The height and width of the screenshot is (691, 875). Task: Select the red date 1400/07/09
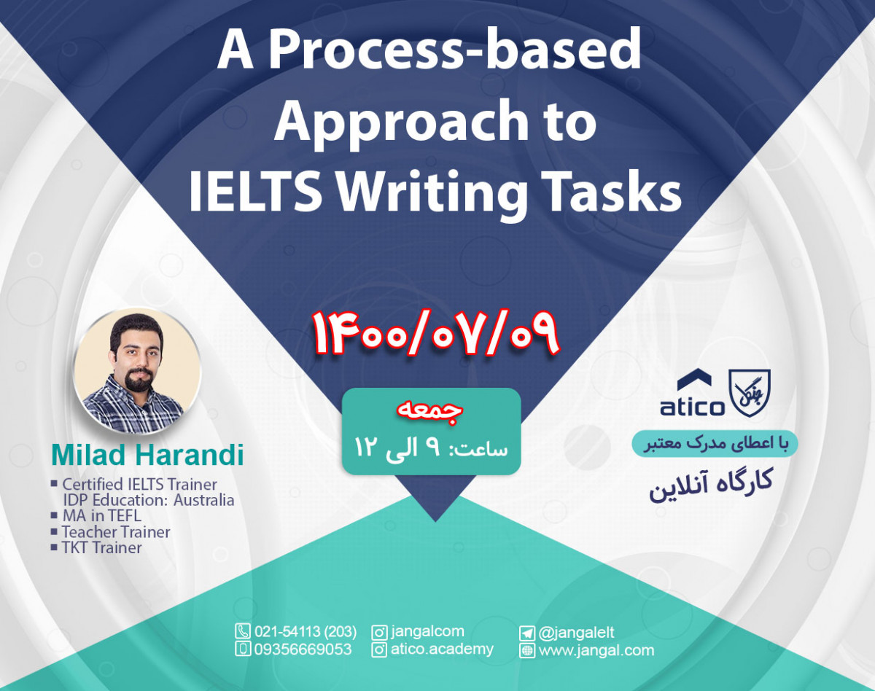pos(436,334)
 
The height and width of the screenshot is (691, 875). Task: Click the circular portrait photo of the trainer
pos(137,372)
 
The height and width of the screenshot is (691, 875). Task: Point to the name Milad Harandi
pos(147,455)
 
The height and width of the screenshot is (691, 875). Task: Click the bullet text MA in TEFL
pos(101,516)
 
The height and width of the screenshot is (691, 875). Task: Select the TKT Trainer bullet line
pos(101,548)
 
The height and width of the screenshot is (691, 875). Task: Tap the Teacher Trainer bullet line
pos(116,532)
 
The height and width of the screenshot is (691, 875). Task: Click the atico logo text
pos(693,406)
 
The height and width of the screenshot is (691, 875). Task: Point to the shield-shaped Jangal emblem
pos(750,393)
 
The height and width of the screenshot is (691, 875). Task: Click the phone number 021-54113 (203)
pos(306,631)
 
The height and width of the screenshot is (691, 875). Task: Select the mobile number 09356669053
pos(303,649)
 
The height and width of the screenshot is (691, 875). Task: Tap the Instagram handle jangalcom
pos(427,631)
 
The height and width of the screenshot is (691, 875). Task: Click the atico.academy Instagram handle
pos(442,649)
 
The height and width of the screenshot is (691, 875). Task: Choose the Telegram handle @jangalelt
pos(576,633)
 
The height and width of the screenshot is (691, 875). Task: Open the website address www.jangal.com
pos(596,650)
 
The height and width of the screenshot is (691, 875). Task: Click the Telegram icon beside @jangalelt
pos(527,633)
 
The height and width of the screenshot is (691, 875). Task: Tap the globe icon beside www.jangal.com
pos(527,650)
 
